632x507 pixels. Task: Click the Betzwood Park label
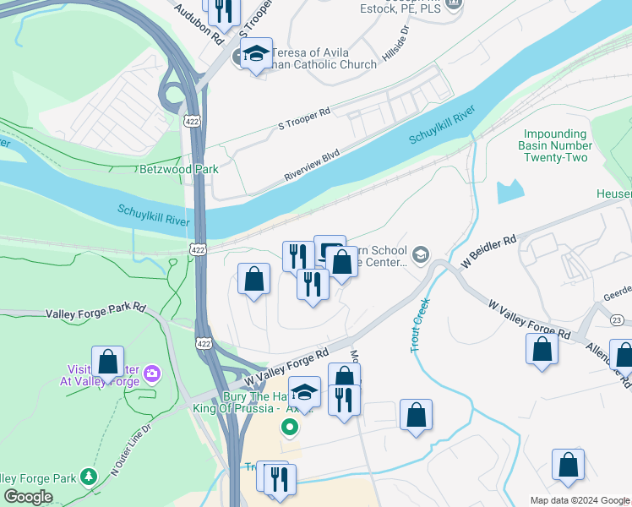tap(179, 169)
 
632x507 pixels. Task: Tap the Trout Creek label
tap(417, 325)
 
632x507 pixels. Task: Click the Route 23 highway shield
tap(618, 319)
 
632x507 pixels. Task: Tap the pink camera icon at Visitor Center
tap(151, 373)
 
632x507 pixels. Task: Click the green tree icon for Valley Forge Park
tap(88, 478)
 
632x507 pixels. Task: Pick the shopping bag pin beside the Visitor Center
tap(107, 363)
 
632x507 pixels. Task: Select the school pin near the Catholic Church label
tap(255, 55)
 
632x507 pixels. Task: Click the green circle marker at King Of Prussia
tap(291, 428)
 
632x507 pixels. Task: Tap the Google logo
tap(29, 497)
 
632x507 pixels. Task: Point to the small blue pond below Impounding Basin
tap(510, 192)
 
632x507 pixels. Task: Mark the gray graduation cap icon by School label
tap(420, 253)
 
